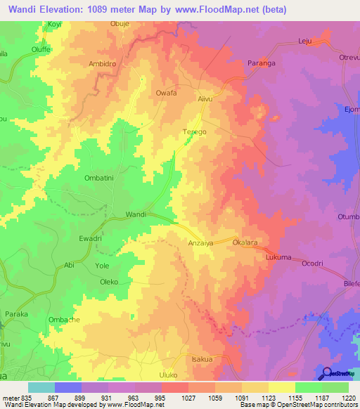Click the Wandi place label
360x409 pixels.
pyautogui.click(x=136, y=214)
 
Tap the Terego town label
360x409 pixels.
pyautogui.click(x=195, y=132)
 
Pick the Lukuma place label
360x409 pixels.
pyautogui.click(x=278, y=258)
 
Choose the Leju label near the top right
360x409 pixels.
pyautogui.click(x=304, y=42)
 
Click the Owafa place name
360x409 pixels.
pyautogui.click(x=166, y=92)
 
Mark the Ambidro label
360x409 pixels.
pyautogui.click(x=103, y=62)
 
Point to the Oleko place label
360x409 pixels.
pyautogui.click(x=109, y=282)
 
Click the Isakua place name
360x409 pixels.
pyautogui.click(x=202, y=358)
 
